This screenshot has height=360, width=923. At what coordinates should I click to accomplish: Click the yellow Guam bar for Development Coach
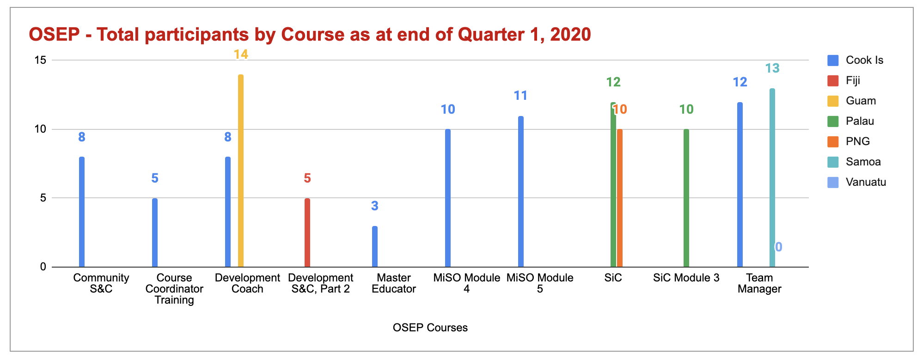click(x=241, y=171)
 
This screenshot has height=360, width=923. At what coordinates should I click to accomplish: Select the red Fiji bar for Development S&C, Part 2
click(x=307, y=232)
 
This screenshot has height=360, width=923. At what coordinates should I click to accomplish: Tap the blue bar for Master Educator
click(x=375, y=246)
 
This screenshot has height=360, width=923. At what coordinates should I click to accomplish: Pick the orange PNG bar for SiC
click(x=620, y=198)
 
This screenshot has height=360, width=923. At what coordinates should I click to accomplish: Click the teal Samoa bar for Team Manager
click(x=772, y=178)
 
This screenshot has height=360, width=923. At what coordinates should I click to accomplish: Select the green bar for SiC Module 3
click(x=686, y=198)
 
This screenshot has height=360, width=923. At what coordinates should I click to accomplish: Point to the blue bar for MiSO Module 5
click(x=521, y=191)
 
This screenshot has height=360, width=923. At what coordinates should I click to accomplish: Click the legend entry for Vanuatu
click(x=866, y=182)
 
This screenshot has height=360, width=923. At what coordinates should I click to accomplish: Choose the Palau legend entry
click(x=860, y=121)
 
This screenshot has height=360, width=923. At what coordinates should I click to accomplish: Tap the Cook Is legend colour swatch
click(x=833, y=60)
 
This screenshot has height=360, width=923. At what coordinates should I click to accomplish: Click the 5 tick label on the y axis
click(x=43, y=198)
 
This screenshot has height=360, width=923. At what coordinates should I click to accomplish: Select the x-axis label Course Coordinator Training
click(x=174, y=289)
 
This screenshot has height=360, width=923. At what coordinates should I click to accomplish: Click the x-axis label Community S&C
click(x=101, y=283)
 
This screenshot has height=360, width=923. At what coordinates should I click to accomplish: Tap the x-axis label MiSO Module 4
click(x=466, y=283)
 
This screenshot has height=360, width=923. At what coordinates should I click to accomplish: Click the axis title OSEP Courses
click(x=430, y=328)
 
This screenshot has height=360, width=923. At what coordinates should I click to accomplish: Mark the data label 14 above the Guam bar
click(x=241, y=55)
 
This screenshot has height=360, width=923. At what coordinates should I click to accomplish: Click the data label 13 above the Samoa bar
click(x=772, y=68)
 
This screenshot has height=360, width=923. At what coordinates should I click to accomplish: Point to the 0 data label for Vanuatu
click(x=779, y=247)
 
